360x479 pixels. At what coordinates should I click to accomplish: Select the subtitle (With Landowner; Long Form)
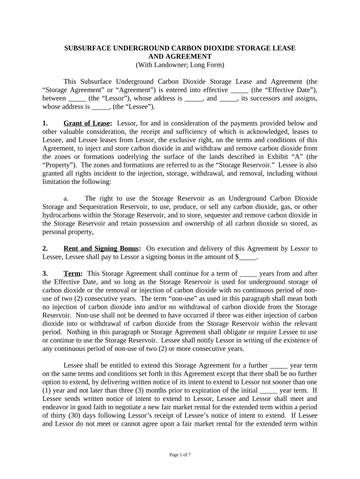coord(180,65)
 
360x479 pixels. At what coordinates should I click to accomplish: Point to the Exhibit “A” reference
coord(276,157)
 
